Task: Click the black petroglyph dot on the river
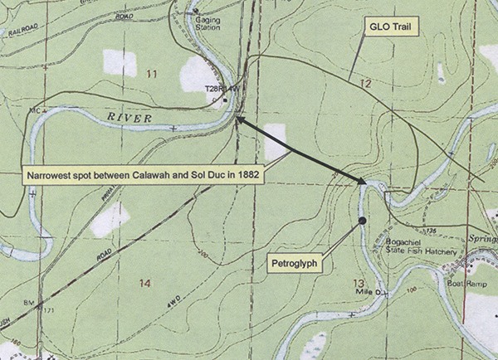click(362, 221)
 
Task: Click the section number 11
click(151, 75)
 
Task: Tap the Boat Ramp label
click(471, 281)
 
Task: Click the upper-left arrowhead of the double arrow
click(238, 120)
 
